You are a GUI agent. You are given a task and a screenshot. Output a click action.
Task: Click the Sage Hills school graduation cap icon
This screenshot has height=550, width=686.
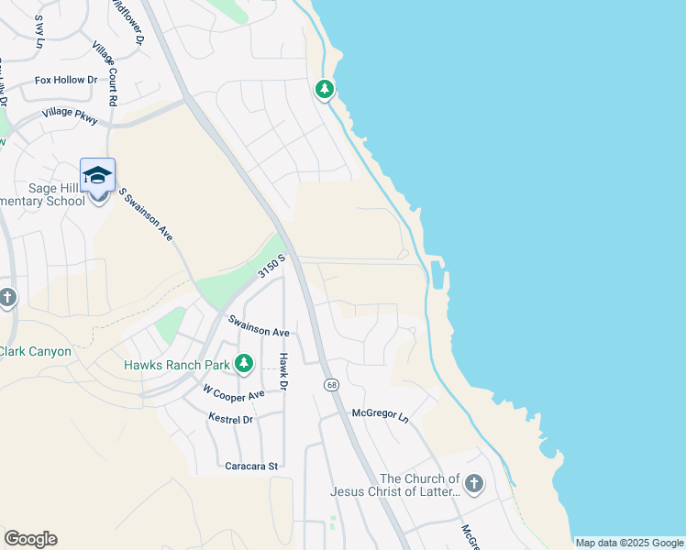(97, 174)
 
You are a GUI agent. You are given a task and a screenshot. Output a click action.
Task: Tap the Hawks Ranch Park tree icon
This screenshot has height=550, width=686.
(244, 365)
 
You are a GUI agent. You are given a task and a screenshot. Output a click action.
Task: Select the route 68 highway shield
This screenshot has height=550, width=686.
(328, 384)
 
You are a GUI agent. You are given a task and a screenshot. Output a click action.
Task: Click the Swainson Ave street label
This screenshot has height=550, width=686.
(259, 326)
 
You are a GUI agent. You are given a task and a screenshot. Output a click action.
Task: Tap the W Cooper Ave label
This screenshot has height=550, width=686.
(233, 394)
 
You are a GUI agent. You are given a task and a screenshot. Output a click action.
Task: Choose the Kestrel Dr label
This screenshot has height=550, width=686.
(230, 419)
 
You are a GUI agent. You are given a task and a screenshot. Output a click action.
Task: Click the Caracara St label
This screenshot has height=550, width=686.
(250, 467)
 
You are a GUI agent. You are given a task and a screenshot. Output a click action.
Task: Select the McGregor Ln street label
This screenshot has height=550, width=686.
(380, 414)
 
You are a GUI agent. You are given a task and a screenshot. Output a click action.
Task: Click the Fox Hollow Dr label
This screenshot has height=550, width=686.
(66, 81)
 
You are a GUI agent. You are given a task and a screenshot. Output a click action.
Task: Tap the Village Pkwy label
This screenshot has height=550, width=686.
(69, 116)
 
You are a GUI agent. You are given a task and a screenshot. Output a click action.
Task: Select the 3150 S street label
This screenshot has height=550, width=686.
(272, 266)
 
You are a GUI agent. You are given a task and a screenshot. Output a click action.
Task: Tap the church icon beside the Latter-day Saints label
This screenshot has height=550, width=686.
(473, 483)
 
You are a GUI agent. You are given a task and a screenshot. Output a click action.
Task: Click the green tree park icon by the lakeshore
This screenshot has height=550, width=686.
(324, 89)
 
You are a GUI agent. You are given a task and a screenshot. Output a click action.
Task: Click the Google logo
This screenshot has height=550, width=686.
(30, 539)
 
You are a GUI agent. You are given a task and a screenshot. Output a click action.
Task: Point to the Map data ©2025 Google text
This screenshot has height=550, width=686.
(628, 543)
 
